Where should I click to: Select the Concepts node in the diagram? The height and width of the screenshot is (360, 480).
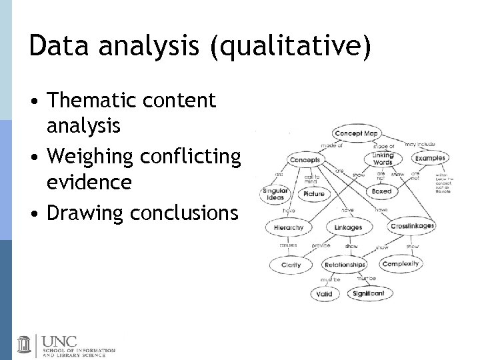point(305,160)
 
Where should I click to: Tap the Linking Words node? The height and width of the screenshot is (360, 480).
point(383,159)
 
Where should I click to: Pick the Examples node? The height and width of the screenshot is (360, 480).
point(430,158)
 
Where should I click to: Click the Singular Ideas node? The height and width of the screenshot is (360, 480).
point(275,194)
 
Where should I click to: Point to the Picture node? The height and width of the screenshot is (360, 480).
point(313,194)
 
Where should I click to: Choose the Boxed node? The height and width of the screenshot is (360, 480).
point(382,191)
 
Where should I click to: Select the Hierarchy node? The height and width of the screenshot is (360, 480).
point(289,227)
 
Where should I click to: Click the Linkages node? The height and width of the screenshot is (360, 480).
point(348,227)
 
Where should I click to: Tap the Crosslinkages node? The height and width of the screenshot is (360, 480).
point(412,226)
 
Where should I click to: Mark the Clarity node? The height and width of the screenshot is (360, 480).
point(291,265)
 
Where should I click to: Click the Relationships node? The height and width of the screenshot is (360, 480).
point(345,265)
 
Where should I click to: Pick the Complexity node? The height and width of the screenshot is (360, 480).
point(401,263)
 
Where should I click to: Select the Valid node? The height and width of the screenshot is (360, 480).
point(325,293)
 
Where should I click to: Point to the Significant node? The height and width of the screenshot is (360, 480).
point(369,293)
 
